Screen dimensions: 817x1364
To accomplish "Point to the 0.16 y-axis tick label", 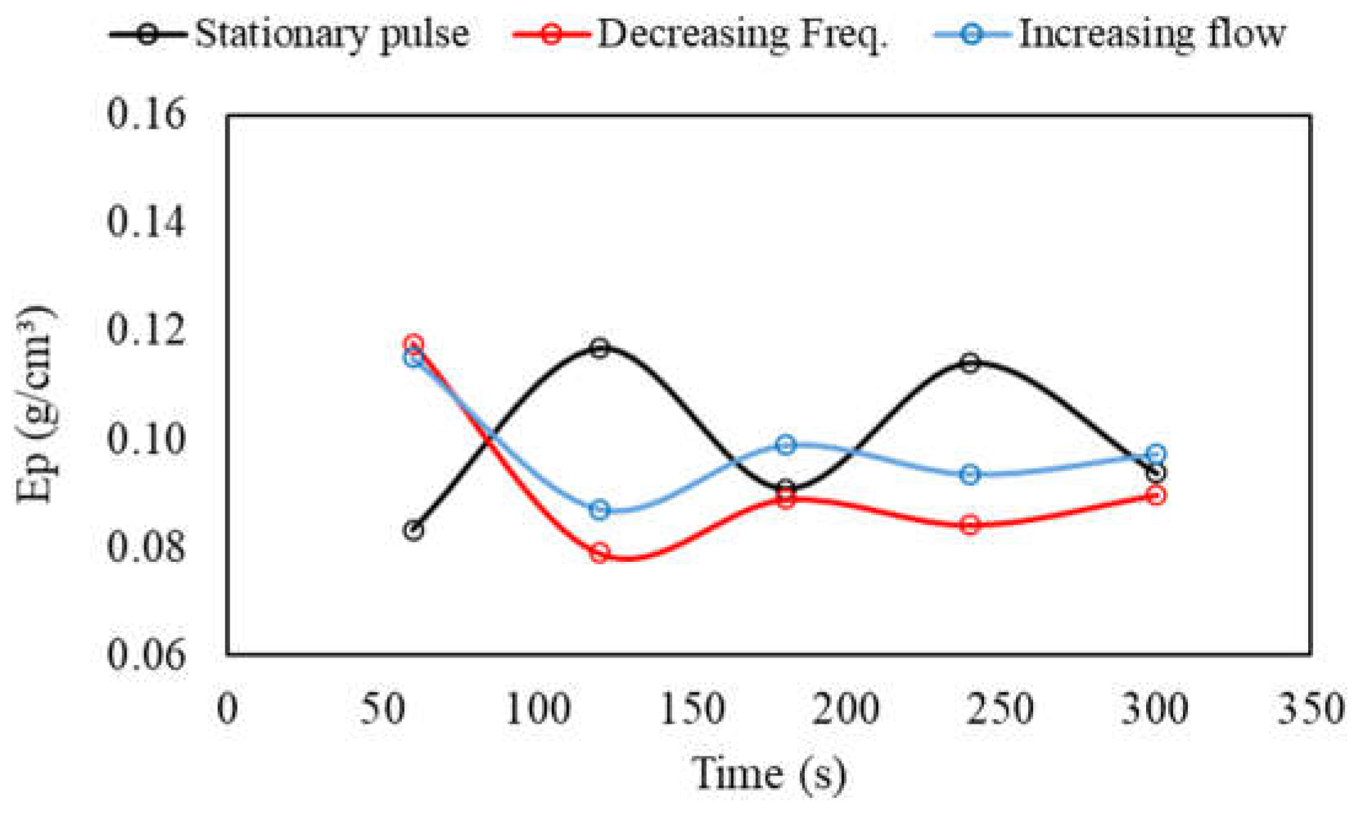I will (x=145, y=114).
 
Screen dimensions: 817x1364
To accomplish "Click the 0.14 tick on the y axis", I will (x=145, y=222).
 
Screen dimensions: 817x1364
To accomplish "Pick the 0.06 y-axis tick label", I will (x=145, y=654).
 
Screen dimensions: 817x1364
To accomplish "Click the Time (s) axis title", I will (x=769, y=774).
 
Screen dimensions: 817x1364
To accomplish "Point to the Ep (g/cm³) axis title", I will (x=36, y=405).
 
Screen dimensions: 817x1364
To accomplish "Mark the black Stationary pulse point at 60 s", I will (x=414, y=531).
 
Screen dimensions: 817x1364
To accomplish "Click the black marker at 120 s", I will (x=600, y=348).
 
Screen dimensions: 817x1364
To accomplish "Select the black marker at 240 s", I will (x=970, y=362).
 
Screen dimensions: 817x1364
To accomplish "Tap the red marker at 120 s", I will (x=600, y=553).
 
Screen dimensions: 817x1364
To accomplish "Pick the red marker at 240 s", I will (x=970, y=525).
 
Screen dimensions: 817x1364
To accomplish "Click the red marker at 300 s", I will (x=1156, y=495).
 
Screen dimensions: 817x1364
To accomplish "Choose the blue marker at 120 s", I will (x=600, y=510).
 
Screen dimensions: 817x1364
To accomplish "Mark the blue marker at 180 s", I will (x=786, y=445).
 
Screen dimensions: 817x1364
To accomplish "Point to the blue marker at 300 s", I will (x=1156, y=455).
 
